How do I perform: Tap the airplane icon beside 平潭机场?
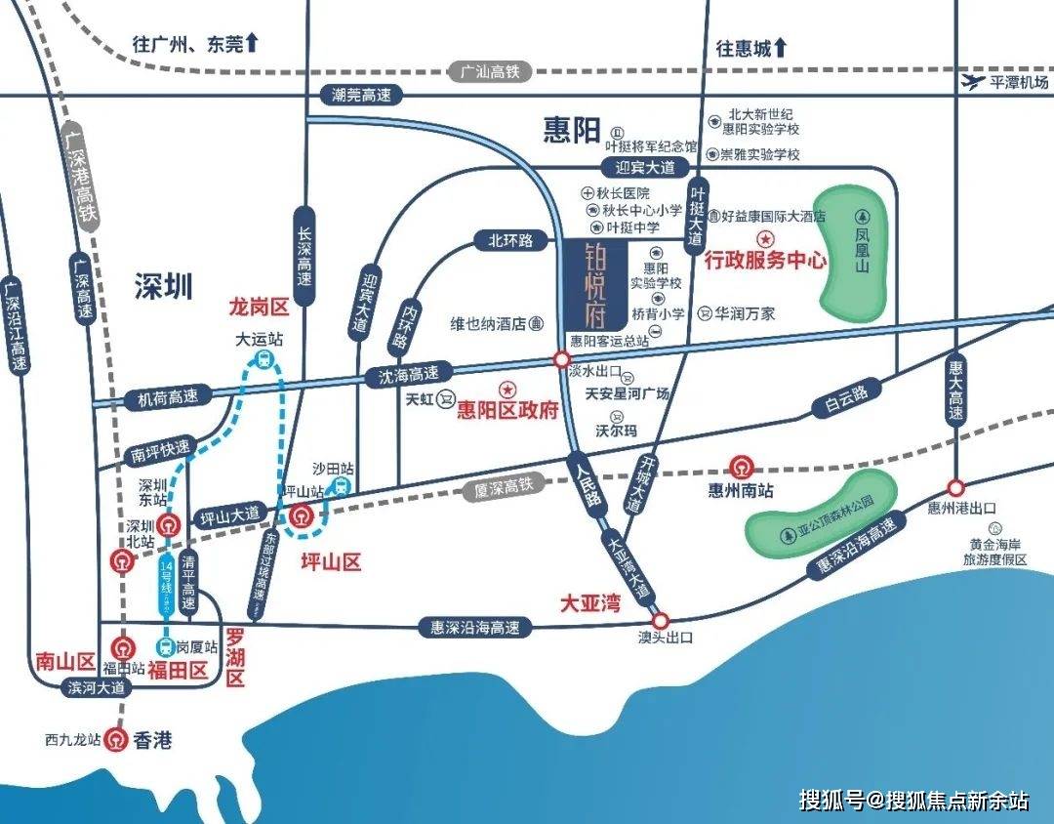(x=973, y=81)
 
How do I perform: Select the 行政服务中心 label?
(x=765, y=261)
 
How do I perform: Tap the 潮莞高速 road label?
(x=361, y=95)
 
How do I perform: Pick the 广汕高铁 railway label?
(x=485, y=71)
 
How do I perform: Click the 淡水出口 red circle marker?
(x=561, y=359)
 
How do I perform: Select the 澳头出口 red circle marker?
(x=661, y=620)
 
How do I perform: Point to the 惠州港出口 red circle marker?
(x=955, y=486)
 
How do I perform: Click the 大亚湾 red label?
(x=589, y=602)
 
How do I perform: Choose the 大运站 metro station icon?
(x=262, y=360)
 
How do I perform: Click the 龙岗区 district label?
(x=258, y=308)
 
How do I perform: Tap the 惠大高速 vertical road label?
(x=956, y=392)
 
